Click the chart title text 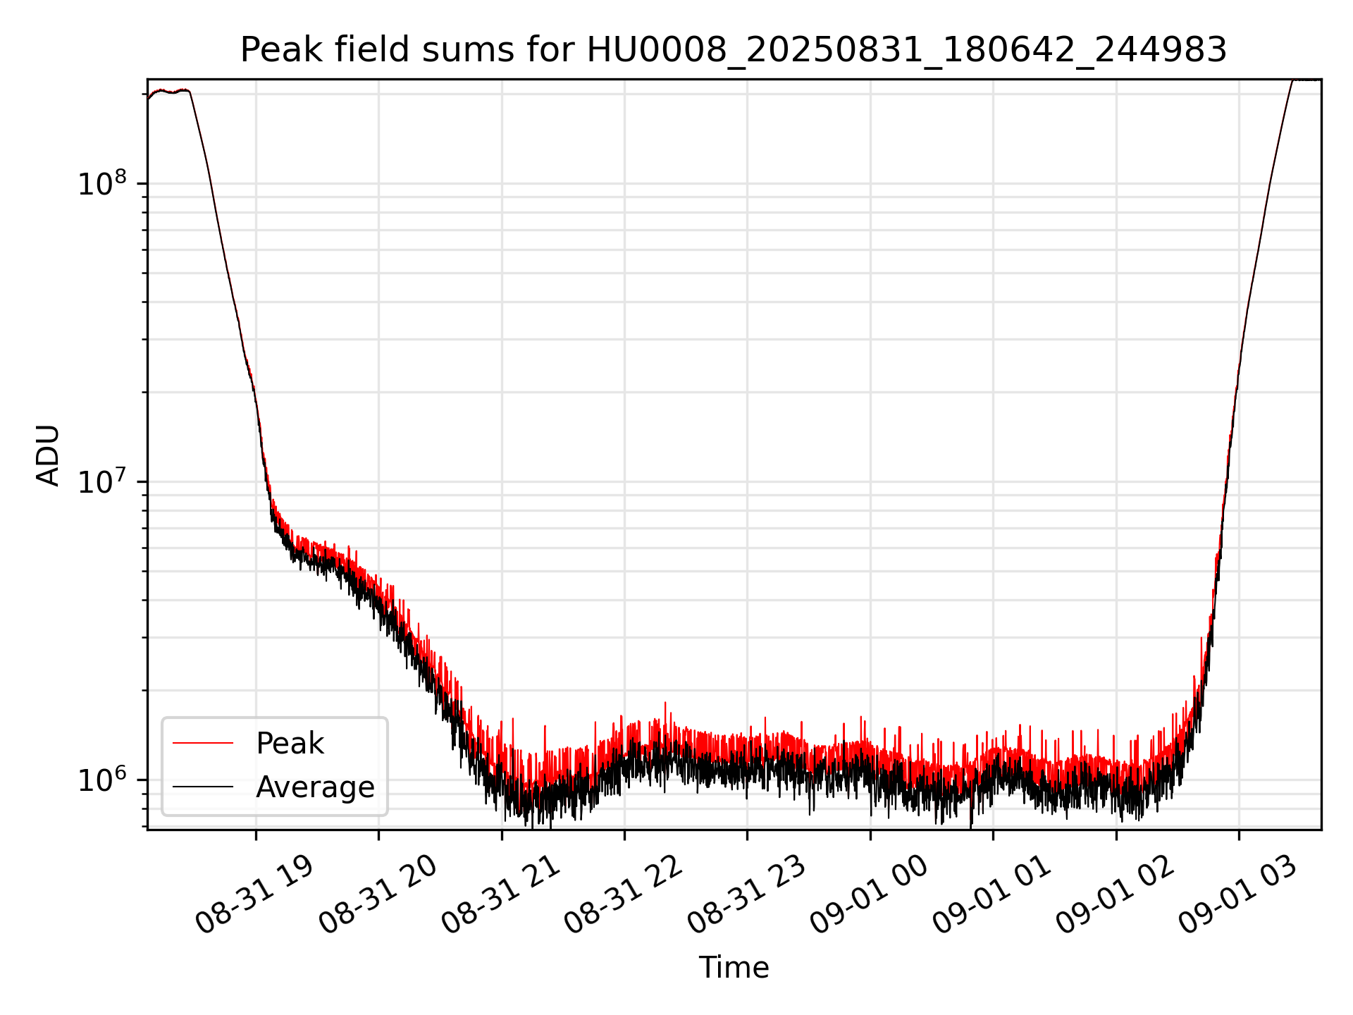coord(734,50)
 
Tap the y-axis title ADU coord(48,455)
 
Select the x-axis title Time coord(734,967)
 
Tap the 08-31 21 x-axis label coord(501,896)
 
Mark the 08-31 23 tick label coord(747,896)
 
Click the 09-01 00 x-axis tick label coord(870,896)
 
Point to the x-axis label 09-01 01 coord(993,896)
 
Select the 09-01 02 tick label coord(1116,896)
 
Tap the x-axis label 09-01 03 coord(1239,896)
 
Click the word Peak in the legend coord(290,744)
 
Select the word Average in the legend coord(315,787)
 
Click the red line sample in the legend coord(203,743)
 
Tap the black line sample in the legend coord(203,786)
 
